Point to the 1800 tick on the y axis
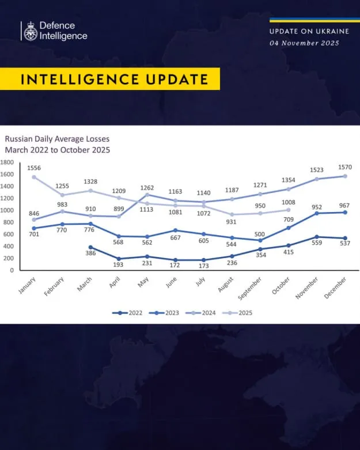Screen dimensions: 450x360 point(7,162)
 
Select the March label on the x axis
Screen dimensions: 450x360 point(85,284)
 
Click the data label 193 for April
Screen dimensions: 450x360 point(119,266)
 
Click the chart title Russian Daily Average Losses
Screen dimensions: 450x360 point(57,139)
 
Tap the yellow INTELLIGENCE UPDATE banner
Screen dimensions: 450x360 point(109,79)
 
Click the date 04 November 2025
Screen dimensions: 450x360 point(304,43)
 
